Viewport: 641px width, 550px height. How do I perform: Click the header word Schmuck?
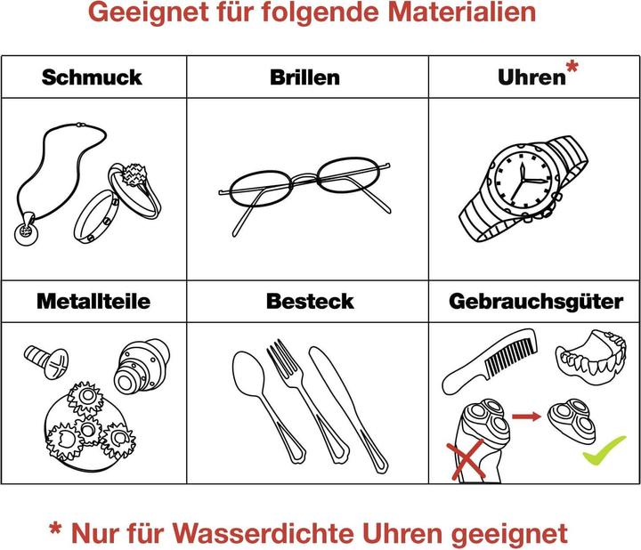(92, 77)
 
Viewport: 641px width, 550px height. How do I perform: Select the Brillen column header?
(305, 77)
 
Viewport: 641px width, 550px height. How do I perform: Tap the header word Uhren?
(531, 77)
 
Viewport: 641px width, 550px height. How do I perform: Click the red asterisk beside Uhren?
(572, 66)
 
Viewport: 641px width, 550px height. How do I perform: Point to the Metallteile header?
(93, 301)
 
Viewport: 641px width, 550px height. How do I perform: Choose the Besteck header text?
(310, 301)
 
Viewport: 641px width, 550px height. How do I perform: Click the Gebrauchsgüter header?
(536, 302)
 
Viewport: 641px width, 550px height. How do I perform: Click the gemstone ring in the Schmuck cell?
(135, 189)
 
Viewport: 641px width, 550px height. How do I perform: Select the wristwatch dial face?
(523, 180)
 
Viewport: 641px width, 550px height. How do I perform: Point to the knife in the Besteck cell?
(347, 408)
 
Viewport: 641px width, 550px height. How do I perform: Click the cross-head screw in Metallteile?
(46, 360)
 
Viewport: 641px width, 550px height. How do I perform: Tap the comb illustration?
(490, 360)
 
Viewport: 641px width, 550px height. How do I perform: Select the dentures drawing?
(591, 354)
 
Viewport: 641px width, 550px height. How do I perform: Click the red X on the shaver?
(467, 460)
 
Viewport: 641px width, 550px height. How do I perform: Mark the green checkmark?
(604, 450)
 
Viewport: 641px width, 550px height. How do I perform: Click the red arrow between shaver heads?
(526, 417)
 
